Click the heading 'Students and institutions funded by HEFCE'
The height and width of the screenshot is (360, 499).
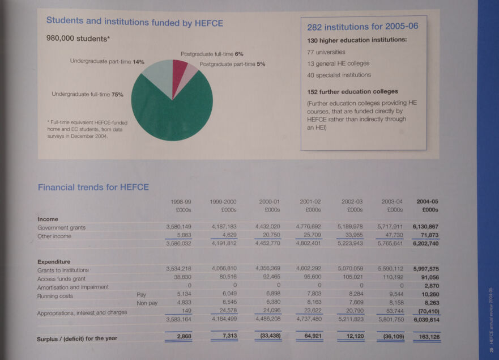134,23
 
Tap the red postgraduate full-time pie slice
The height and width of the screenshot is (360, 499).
179,70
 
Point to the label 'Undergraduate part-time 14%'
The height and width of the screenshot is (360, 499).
107,61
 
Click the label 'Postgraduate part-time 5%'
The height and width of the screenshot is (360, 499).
232,64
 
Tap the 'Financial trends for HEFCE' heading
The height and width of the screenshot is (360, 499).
93,187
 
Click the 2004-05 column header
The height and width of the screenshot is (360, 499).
427,201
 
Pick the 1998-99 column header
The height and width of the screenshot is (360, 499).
181,201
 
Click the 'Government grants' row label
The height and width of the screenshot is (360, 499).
61,228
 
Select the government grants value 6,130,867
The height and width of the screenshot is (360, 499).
426,227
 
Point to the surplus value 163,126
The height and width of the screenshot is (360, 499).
426,337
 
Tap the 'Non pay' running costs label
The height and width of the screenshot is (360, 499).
147,304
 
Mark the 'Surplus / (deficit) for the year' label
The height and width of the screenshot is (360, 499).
77,338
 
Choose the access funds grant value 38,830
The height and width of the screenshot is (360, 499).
181,278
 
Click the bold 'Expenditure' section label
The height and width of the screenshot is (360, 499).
54,262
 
